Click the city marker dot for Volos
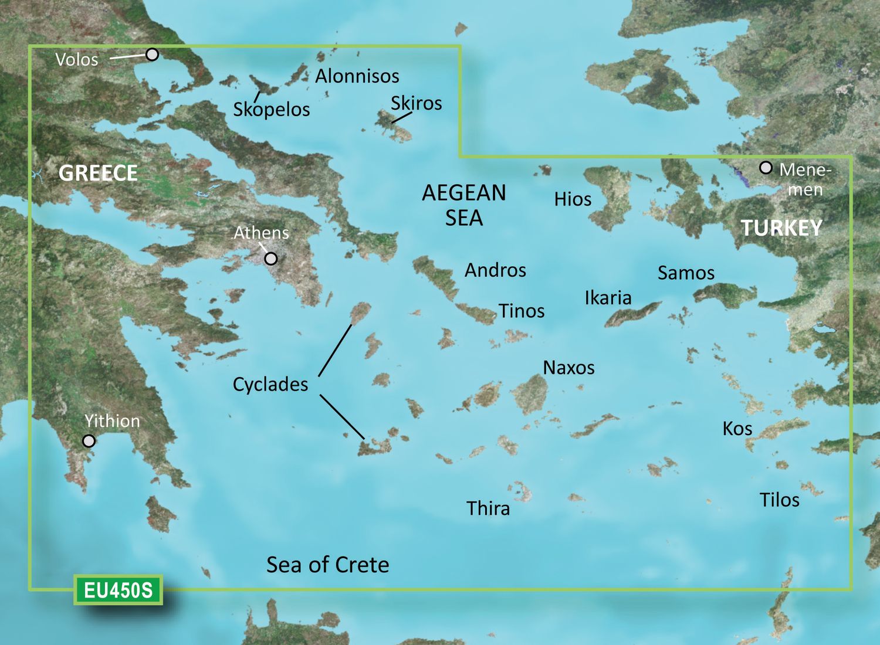152,55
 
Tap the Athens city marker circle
271,258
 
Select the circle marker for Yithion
89,440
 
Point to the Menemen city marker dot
766,168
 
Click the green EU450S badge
118,590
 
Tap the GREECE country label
98,173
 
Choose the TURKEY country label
781,228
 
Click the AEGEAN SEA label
464,205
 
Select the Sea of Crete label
327,565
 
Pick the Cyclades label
270,384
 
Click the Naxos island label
568,368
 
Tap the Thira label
488,508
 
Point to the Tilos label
779,500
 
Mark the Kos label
737,429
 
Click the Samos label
686,273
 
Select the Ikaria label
608,298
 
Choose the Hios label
573,199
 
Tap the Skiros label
416,103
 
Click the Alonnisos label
357,76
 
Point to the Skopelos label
272,109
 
